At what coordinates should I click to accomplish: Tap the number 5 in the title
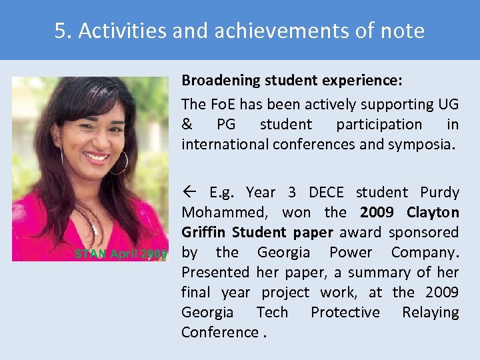pyautogui.click(x=61, y=31)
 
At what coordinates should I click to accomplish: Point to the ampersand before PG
pyautogui.click(x=187, y=125)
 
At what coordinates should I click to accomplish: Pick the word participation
pyautogui.click(x=379, y=125)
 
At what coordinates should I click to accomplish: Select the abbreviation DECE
pyautogui.click(x=326, y=193)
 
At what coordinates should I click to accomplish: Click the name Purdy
pyautogui.click(x=439, y=193)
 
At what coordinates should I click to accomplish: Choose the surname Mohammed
pyautogui.click(x=222, y=213)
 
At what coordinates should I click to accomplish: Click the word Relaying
pyautogui.click(x=430, y=313)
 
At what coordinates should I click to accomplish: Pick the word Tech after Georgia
pyautogui.click(x=271, y=313)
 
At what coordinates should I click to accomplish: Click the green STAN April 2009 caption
pyautogui.click(x=121, y=254)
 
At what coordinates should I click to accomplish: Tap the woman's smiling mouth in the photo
pyautogui.click(x=97, y=158)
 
